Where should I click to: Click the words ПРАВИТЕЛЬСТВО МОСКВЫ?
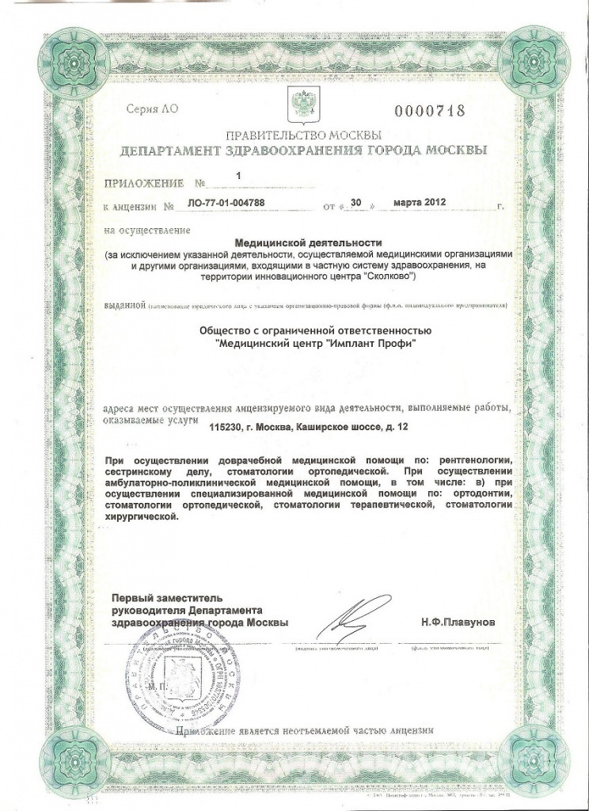tap(304, 134)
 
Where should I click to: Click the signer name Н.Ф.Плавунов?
tap(458, 624)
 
